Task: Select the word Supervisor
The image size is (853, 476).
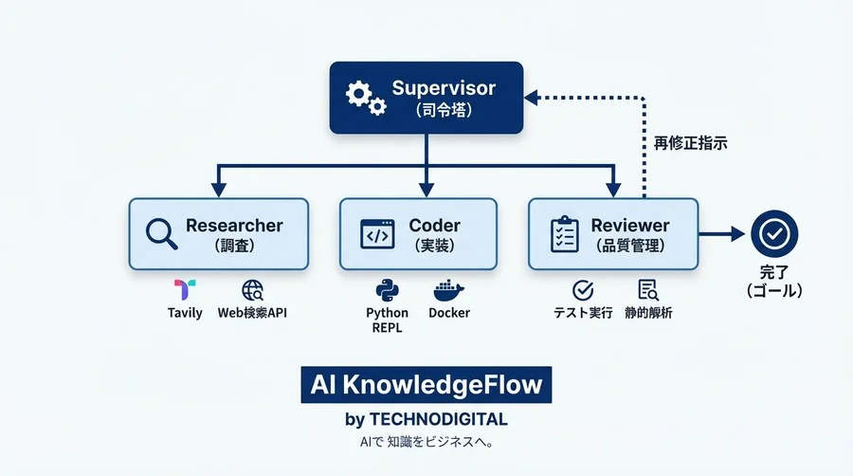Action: pos(444,88)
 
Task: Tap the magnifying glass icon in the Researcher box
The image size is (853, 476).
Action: pos(161,232)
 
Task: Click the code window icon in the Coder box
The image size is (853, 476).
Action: pos(376,233)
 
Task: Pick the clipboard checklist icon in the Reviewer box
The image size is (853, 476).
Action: pos(565,233)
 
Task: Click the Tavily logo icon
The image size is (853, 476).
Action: pos(185,290)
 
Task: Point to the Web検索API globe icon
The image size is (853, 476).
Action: pos(252,290)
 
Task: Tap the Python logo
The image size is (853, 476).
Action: pos(387,290)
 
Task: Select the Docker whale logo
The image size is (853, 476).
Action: pos(448,290)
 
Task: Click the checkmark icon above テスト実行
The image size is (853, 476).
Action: pos(583,290)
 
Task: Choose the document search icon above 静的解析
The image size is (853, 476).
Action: pos(648,290)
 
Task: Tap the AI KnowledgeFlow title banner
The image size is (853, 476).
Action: pos(426,385)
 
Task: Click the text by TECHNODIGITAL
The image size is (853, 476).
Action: pos(426,419)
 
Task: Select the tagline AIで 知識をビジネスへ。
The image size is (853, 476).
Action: pos(426,442)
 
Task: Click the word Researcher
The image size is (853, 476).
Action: pos(234,226)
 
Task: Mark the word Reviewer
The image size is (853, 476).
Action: pos(629,226)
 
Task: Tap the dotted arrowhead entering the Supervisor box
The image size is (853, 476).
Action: pos(532,97)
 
